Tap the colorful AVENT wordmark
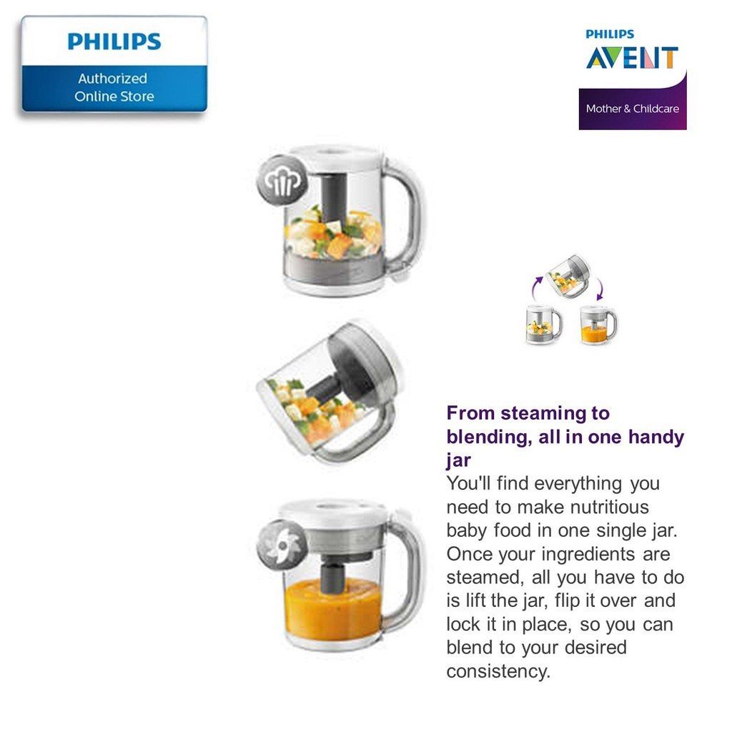(632, 57)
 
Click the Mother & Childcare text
(632, 109)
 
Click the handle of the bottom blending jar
(409, 572)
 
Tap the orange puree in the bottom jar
(332, 608)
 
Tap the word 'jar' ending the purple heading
(459, 460)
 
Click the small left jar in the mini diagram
(543, 325)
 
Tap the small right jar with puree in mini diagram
(598, 325)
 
